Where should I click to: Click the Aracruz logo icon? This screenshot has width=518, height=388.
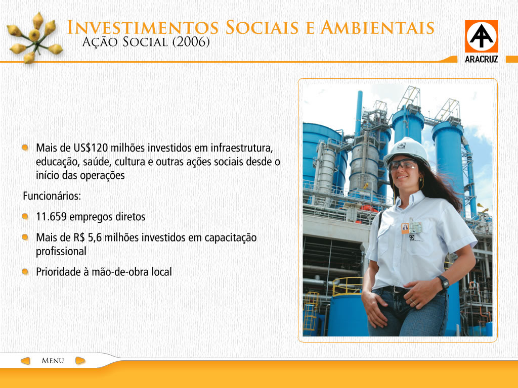click(482, 36)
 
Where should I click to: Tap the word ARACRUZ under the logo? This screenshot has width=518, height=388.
click(482, 60)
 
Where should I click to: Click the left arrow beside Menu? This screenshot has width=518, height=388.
click(25, 361)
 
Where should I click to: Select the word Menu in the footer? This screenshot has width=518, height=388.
click(53, 361)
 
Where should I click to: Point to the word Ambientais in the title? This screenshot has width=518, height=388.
click(377, 27)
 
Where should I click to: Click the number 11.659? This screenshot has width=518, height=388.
click(51, 217)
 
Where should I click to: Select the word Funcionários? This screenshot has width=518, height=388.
click(52, 196)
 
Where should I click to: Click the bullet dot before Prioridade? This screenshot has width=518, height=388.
click(25, 271)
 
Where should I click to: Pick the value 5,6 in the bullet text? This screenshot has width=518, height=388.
click(95, 238)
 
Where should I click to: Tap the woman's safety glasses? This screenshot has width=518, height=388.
click(403, 165)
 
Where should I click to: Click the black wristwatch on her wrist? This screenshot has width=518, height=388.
click(443, 282)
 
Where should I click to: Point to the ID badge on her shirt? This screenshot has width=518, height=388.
click(412, 228)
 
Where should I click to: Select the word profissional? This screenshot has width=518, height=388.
click(61, 252)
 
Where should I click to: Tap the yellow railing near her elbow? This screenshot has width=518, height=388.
click(347, 286)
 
